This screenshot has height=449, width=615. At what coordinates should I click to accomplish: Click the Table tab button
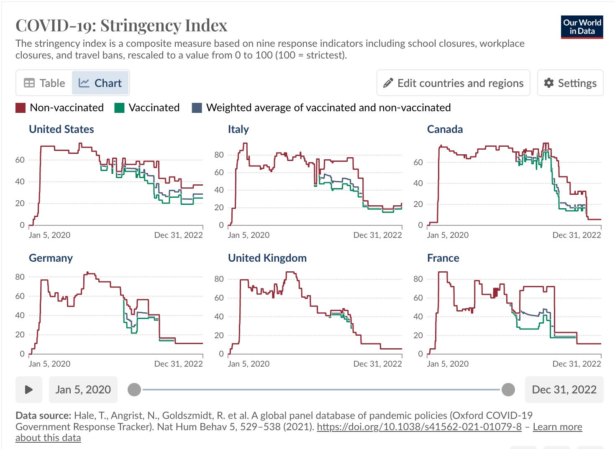[x=44, y=83]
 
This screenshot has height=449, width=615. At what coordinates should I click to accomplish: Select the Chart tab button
[x=100, y=83]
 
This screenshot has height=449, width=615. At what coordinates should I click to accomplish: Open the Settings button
[x=570, y=83]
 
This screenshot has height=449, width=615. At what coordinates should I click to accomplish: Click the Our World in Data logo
[x=582, y=27]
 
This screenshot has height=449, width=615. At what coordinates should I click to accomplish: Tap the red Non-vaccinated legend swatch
[x=20, y=108]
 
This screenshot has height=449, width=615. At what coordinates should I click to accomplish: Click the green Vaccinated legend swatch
[x=119, y=108]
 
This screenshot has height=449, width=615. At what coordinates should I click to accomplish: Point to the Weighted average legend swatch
[x=197, y=108]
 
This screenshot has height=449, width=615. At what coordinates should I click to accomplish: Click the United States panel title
[x=61, y=129]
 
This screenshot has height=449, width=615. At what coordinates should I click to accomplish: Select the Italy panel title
[x=238, y=129]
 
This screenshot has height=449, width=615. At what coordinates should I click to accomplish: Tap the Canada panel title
[x=445, y=129]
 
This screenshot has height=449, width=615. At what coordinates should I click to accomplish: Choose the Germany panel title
[x=51, y=258]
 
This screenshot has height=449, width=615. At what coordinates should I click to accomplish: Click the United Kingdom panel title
[x=267, y=258]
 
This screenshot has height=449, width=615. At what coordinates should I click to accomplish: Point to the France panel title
[x=443, y=258]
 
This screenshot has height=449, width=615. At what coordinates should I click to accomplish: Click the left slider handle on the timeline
[x=134, y=390]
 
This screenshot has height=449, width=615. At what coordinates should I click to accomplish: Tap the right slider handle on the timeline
[x=508, y=390]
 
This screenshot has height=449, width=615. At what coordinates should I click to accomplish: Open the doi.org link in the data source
[x=419, y=427]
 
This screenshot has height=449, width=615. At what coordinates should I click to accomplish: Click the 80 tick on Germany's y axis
[x=20, y=277]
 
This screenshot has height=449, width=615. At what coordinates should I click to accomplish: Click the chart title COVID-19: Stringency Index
[x=121, y=26]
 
